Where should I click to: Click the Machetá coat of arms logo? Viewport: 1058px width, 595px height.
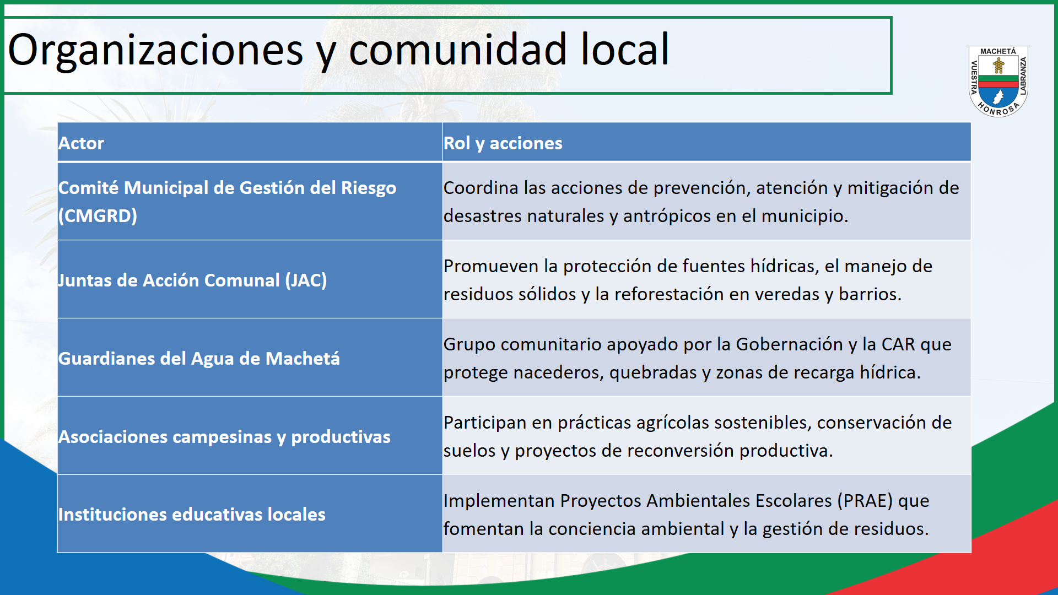click(x=998, y=81)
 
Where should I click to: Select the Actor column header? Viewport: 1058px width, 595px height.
click(x=81, y=143)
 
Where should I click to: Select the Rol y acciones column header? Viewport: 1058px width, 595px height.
click(x=503, y=143)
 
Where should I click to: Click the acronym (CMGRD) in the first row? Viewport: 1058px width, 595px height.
click(x=98, y=215)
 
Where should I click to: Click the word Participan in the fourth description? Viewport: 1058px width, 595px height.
click(x=485, y=423)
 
